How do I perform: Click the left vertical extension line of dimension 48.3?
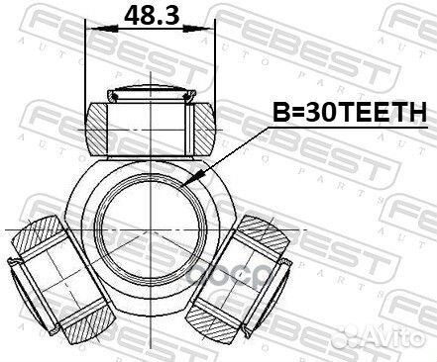87,59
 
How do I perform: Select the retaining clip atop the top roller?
152,95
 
